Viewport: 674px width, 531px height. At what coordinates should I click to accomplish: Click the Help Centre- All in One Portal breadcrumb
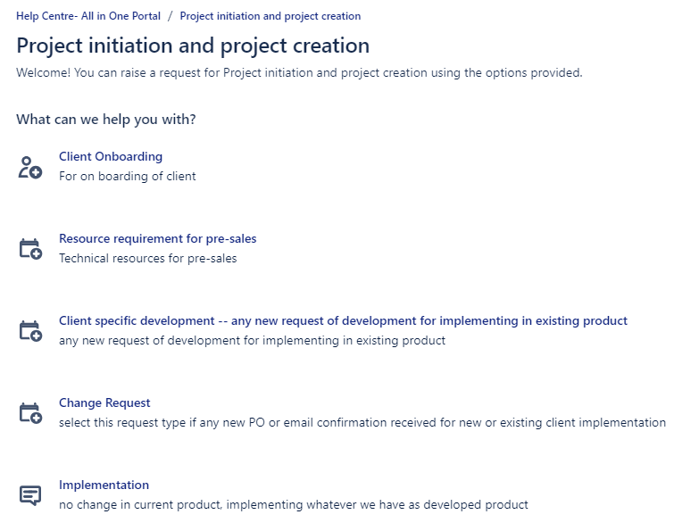[x=88, y=16]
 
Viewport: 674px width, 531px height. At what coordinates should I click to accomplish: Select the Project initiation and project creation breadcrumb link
[x=270, y=16]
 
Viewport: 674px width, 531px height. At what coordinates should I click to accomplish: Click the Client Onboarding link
[x=111, y=157]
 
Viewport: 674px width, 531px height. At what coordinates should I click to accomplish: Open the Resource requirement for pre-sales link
[x=157, y=239]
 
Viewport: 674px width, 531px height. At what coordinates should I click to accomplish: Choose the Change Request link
[x=104, y=403]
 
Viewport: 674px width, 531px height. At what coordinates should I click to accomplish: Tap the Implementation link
[x=104, y=485]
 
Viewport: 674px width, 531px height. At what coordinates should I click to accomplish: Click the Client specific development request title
[x=343, y=321]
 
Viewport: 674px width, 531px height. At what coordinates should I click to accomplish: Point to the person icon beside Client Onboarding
[x=30, y=167]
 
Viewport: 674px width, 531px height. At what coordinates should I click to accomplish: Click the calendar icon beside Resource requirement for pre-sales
[x=30, y=249]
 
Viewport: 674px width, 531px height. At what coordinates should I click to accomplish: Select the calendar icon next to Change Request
[x=30, y=413]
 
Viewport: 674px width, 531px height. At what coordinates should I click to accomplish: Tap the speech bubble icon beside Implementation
[x=30, y=496]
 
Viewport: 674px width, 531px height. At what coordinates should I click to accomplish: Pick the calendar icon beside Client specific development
[x=30, y=331]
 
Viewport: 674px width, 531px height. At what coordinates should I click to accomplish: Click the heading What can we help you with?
[x=106, y=120]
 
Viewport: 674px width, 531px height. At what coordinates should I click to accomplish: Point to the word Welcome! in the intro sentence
[x=43, y=72]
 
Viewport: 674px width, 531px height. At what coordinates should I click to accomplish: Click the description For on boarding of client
[x=128, y=177]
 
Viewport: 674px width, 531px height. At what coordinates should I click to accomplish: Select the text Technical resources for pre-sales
[x=148, y=259]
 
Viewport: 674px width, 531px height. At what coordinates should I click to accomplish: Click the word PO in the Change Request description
[x=256, y=423]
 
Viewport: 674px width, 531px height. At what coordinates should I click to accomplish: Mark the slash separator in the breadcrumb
[x=171, y=16]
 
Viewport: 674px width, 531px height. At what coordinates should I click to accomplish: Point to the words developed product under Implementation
[x=476, y=505]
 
